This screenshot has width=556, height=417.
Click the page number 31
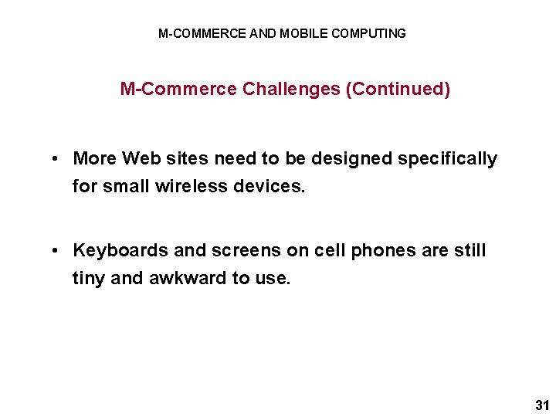pos(541,405)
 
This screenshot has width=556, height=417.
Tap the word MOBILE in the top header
pos(303,33)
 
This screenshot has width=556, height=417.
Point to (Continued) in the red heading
pos(398,89)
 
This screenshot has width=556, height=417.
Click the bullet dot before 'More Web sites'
pos(58,159)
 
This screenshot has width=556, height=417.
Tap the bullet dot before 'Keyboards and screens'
pos(58,251)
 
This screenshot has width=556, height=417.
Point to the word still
pos(470,250)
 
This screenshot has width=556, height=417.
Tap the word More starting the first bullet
pos(94,158)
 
